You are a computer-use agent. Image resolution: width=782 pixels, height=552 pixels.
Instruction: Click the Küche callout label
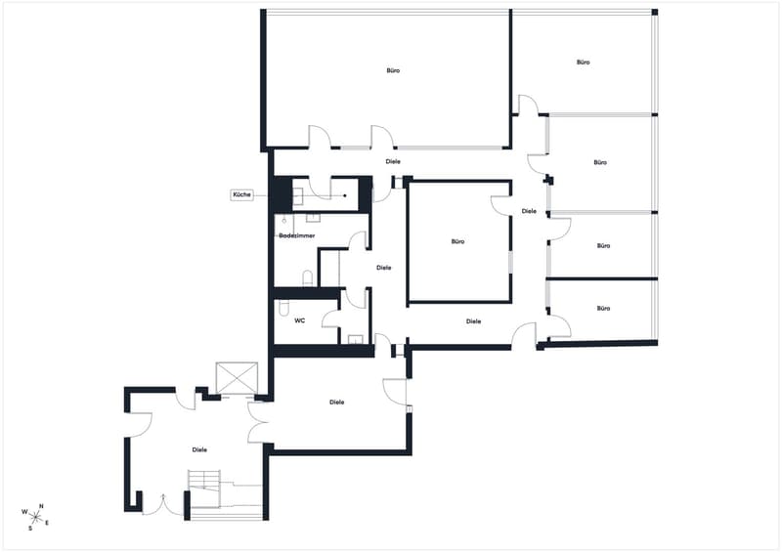[x=241, y=194]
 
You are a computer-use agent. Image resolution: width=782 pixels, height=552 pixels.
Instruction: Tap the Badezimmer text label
[x=297, y=235]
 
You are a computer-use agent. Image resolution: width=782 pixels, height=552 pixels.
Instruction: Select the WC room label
[x=300, y=320]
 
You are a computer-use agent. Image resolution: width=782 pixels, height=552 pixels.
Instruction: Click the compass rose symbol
[x=35, y=517]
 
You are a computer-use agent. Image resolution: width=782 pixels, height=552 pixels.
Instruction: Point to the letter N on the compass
[x=41, y=506]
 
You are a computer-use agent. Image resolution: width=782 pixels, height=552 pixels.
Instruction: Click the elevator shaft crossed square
[x=237, y=378]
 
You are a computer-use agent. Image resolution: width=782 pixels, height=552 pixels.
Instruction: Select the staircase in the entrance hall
[x=204, y=488]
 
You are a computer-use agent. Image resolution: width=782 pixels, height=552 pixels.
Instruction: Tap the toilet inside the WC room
[x=283, y=308]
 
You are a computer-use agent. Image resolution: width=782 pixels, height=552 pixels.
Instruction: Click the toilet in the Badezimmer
[x=308, y=278]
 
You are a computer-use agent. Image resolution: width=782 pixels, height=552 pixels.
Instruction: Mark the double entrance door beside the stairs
[x=163, y=505]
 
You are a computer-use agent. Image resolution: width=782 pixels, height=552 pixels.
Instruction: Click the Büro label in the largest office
[x=393, y=70]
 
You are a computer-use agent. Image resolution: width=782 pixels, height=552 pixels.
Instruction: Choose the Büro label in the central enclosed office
[x=457, y=242]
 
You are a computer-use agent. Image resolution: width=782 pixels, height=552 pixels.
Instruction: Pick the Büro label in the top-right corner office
[x=583, y=63]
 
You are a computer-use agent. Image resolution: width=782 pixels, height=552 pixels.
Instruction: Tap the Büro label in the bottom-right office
[x=603, y=309]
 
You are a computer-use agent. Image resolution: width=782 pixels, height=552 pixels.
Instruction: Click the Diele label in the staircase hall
[x=199, y=449]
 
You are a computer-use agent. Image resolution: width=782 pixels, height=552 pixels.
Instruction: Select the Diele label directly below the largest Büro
[x=393, y=161]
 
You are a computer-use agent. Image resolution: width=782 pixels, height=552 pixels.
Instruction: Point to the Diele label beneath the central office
[x=473, y=321]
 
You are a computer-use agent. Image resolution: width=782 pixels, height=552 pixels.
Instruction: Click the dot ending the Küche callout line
[x=345, y=195]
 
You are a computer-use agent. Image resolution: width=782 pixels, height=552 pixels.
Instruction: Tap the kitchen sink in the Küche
[x=298, y=195]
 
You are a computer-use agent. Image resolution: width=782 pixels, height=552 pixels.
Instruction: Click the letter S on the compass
[x=30, y=529]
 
